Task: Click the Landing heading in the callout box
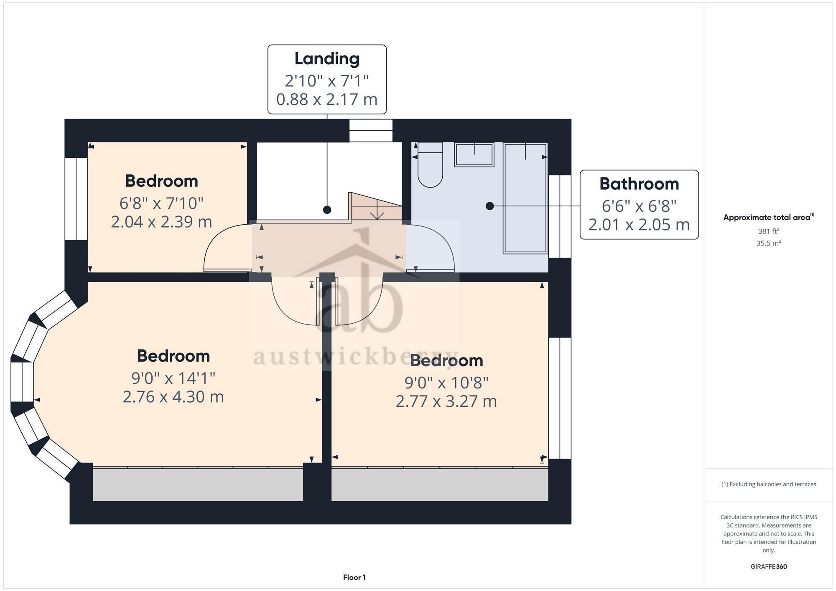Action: pyautogui.click(x=327, y=58)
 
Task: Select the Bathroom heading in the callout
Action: pyautogui.click(x=639, y=184)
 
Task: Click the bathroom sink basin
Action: pyautogui.click(x=474, y=155)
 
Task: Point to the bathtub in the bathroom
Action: pyautogui.click(x=525, y=198)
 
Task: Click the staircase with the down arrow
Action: pyautogui.click(x=376, y=207)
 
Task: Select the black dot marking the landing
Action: pyautogui.click(x=327, y=210)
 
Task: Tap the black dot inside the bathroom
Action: pyautogui.click(x=489, y=206)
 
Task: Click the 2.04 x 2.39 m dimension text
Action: pyautogui.click(x=161, y=222)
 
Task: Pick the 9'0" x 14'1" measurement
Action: pyautogui.click(x=173, y=378)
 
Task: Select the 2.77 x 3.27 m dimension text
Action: pyautogui.click(x=446, y=401)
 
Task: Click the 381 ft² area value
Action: pyautogui.click(x=768, y=231)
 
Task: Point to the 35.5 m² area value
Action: pyautogui.click(x=768, y=243)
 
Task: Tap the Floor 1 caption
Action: pyautogui.click(x=354, y=577)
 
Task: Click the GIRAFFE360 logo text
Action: pyautogui.click(x=768, y=567)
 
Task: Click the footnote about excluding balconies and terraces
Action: pyautogui.click(x=768, y=484)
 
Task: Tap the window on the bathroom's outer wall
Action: pyautogui.click(x=560, y=216)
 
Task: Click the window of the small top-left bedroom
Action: pyautogui.click(x=76, y=198)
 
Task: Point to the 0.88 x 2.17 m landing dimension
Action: pyautogui.click(x=327, y=99)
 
